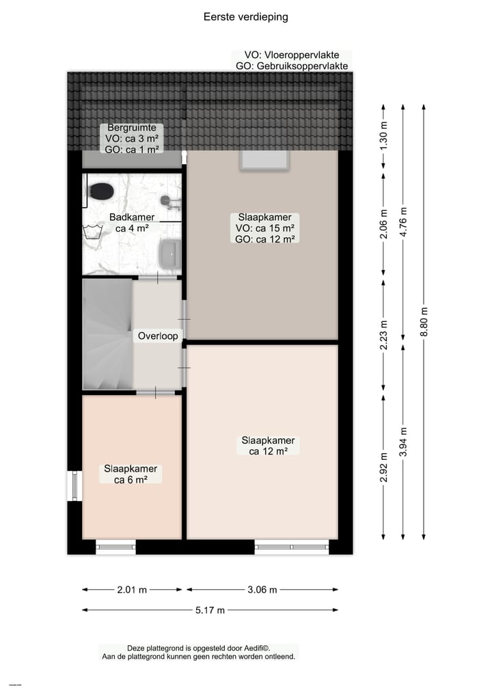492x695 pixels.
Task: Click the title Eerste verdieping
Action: coord(245,17)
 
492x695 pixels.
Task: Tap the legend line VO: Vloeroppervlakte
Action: coord(291,55)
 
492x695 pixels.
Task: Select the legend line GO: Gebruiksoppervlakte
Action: coord(291,66)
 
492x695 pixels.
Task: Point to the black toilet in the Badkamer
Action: coord(102,190)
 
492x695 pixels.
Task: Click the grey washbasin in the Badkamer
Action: coord(169,254)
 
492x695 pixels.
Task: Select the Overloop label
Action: coord(158,336)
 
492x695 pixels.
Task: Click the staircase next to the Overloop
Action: coord(107,336)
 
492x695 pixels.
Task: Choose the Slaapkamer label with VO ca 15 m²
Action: coord(264,228)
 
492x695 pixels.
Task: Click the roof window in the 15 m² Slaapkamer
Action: coord(264,160)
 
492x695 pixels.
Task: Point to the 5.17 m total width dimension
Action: coord(210,610)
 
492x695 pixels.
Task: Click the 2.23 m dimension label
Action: coord(383,335)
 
